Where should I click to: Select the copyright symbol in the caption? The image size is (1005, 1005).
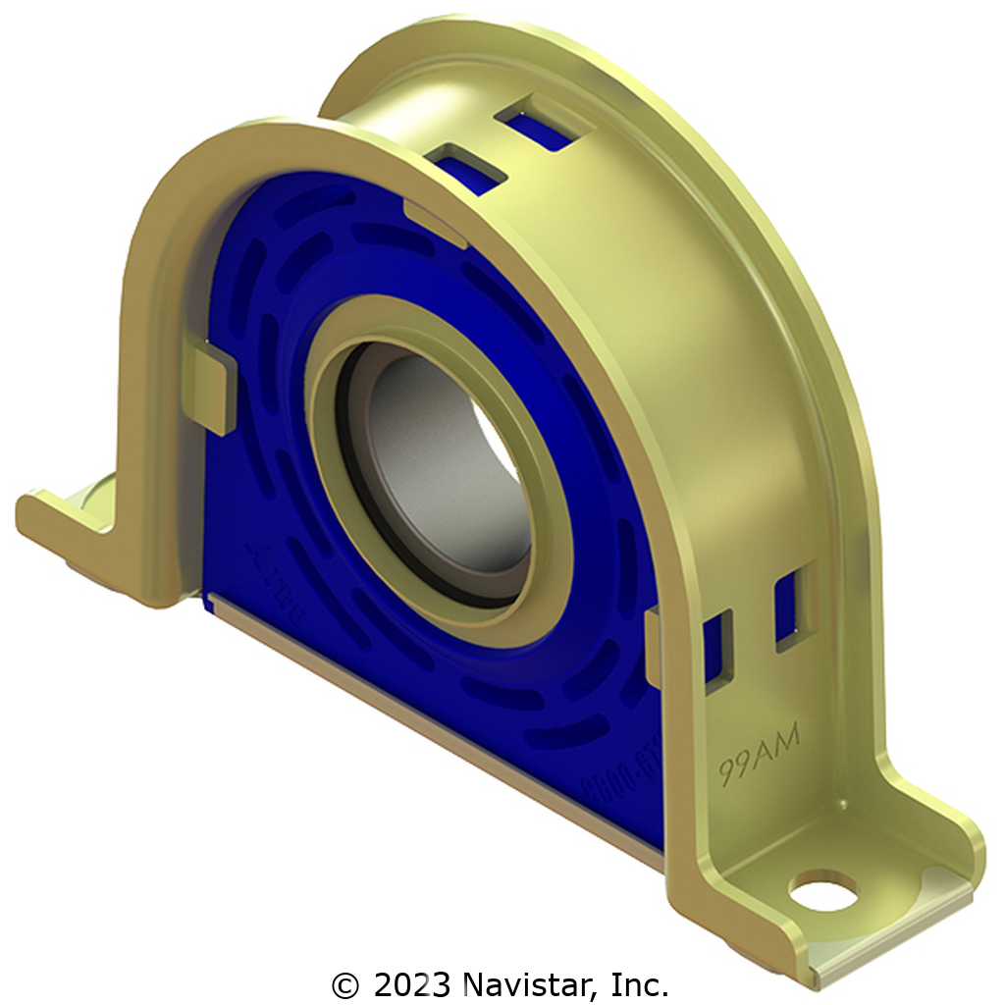(x=344, y=982)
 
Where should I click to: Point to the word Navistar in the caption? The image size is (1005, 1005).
(x=525, y=982)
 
